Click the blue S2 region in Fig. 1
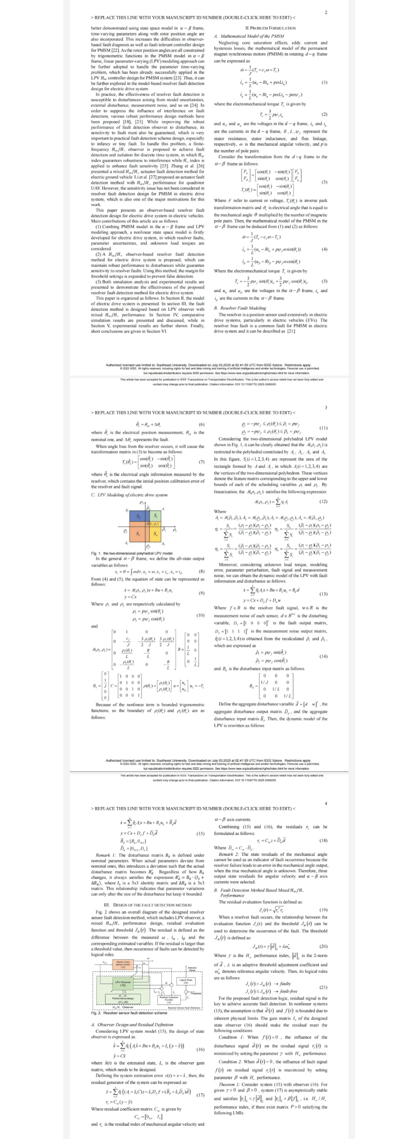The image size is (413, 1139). point(138,516)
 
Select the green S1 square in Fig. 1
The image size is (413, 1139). point(156,516)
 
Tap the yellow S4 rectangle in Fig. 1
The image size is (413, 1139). point(156,534)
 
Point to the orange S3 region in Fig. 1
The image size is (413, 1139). point(138,534)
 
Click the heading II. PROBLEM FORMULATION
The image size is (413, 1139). point(270,28)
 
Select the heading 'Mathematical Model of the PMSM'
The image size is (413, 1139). point(252,36)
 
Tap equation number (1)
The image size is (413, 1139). point(324,83)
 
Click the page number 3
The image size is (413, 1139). point(326,407)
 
